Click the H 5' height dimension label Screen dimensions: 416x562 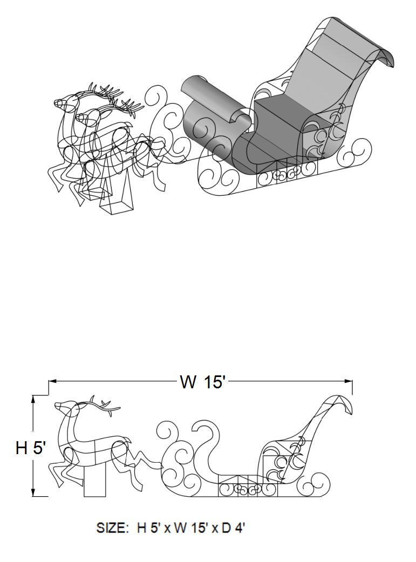coord(31,448)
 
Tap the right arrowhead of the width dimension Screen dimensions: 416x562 coord(348,381)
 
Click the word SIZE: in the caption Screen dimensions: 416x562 coord(112,527)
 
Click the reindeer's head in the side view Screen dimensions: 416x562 coord(65,408)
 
